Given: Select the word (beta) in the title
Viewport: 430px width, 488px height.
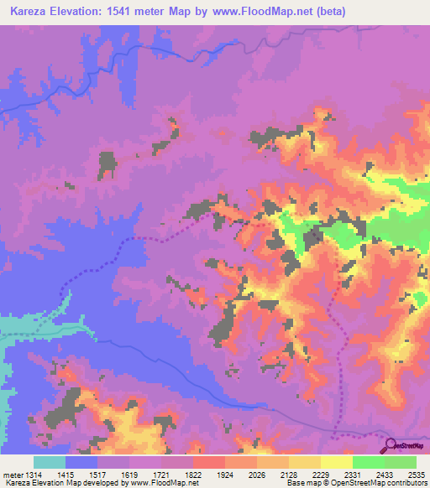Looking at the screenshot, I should pyautogui.click(x=328, y=12).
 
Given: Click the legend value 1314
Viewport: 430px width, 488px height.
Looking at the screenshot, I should pyautogui.click(x=33, y=475).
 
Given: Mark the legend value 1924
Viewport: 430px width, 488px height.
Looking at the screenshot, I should pyautogui.click(x=224, y=475).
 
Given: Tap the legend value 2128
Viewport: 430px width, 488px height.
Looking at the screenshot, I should pyautogui.click(x=288, y=475).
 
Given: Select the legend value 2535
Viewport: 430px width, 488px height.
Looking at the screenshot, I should pyautogui.click(x=414, y=475).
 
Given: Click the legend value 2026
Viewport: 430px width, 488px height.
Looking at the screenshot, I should pyautogui.click(x=256, y=475).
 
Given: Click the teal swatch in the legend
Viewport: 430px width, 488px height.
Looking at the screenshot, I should pyautogui.click(x=50, y=462).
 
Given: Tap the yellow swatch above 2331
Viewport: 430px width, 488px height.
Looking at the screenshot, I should pyautogui.click(x=336, y=462).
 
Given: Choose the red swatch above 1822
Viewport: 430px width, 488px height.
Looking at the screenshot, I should pyautogui.click(x=208, y=462).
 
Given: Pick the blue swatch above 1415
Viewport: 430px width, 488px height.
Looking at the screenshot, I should pyautogui.click(x=81, y=462).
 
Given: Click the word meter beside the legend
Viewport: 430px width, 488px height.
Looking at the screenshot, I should pyautogui.click(x=12, y=475).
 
